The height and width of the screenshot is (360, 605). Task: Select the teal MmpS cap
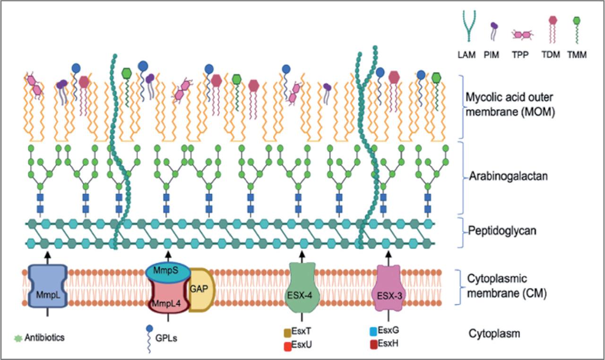tap(168, 271)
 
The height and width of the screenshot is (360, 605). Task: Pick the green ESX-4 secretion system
tap(302, 288)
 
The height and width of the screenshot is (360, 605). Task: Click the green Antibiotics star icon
tap(18, 338)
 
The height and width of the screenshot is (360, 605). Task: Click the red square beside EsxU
tap(287, 345)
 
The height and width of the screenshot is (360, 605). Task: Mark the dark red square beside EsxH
tap(373, 343)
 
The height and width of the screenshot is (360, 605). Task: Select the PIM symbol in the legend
tap(493, 31)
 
